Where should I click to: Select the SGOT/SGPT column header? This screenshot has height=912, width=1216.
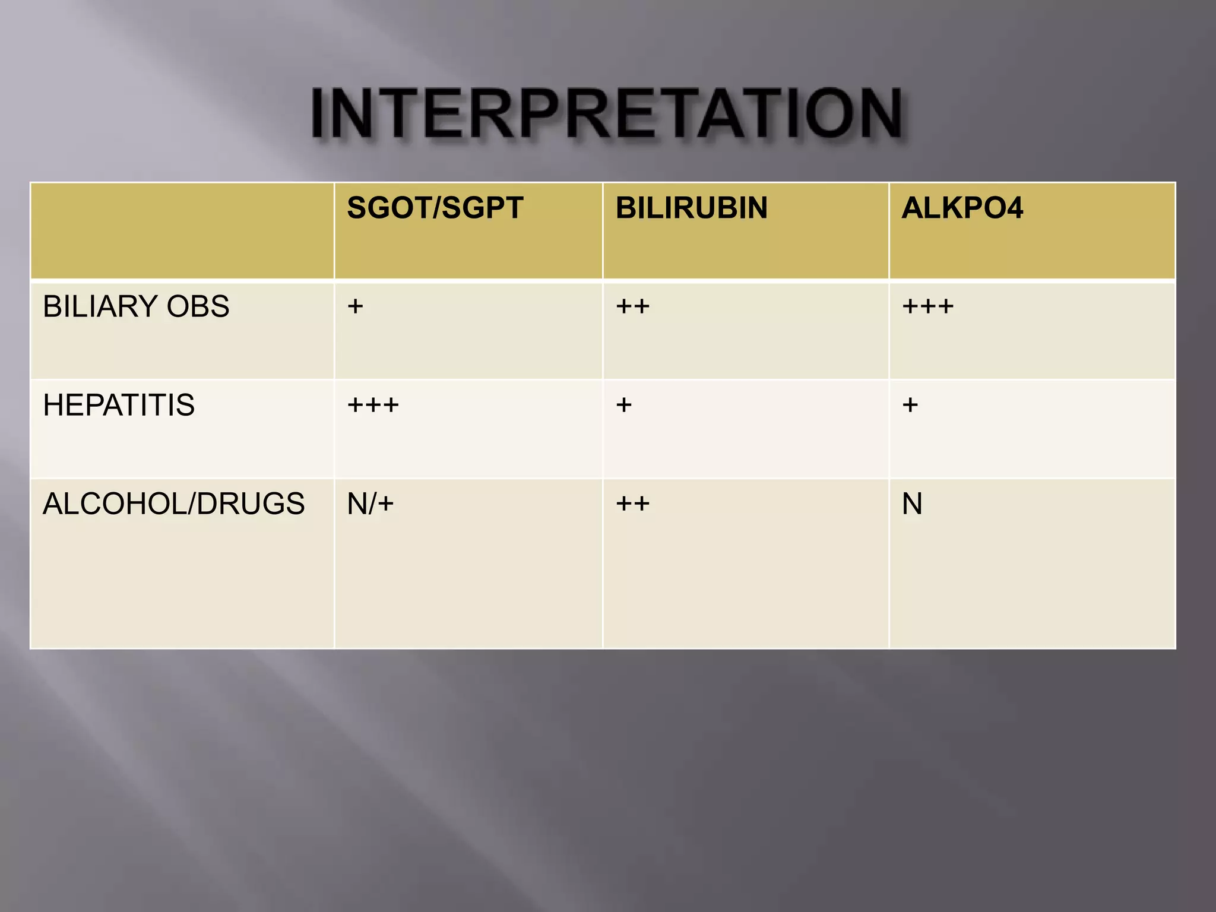(435, 208)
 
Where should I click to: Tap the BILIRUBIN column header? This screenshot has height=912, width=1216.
(691, 208)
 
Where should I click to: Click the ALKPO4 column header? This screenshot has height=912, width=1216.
(962, 208)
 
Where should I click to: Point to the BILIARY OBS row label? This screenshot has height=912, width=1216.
(136, 306)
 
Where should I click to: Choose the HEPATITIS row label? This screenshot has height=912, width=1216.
(119, 405)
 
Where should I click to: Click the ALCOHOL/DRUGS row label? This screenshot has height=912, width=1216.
(173, 503)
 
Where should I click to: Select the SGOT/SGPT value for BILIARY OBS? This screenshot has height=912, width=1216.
(355, 306)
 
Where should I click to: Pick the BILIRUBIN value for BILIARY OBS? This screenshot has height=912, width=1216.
(632, 306)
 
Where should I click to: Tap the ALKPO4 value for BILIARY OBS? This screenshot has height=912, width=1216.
(927, 306)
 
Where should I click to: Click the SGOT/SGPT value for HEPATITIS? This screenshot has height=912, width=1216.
(373, 405)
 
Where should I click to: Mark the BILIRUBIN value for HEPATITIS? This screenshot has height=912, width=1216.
(623, 405)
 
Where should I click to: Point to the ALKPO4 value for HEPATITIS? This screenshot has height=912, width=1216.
(910, 405)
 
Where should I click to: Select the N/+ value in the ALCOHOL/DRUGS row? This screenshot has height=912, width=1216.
(370, 503)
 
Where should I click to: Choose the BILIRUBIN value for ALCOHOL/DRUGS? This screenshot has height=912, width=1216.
(632, 503)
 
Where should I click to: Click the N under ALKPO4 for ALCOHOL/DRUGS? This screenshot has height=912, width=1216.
(912, 503)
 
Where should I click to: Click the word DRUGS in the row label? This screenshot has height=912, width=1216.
(250, 503)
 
